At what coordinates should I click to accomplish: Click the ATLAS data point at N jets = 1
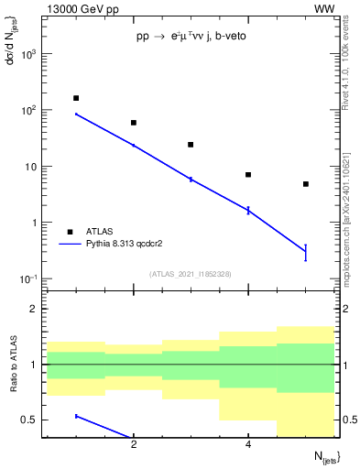(x=76, y=98)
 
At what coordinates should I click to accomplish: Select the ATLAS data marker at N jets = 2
(x=134, y=123)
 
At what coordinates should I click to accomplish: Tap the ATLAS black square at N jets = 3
(x=191, y=145)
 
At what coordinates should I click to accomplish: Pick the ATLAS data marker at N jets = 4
(x=248, y=175)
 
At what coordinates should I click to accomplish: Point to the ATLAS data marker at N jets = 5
(x=305, y=184)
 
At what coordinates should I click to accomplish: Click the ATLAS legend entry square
(x=70, y=232)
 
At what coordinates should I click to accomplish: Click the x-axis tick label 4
(x=248, y=445)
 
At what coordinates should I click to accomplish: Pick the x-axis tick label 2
(x=134, y=445)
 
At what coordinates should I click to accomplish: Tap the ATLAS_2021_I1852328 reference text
(x=191, y=274)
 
